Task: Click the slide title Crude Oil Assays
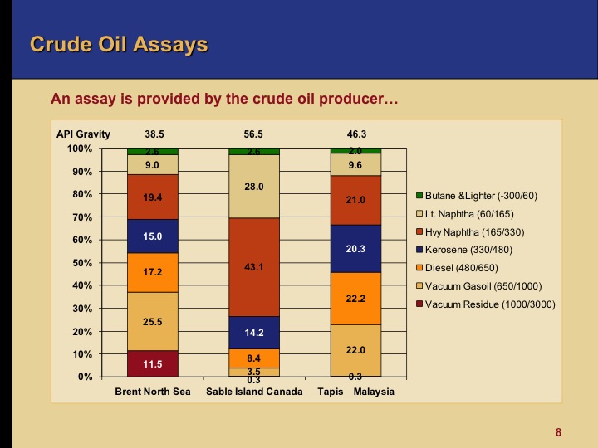click(x=118, y=44)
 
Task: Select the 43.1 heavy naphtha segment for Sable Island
click(x=254, y=267)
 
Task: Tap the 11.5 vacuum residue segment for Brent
click(x=153, y=363)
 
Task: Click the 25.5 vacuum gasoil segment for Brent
click(x=153, y=321)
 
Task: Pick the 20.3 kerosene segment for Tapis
click(x=355, y=248)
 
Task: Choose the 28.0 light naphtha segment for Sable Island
click(x=254, y=187)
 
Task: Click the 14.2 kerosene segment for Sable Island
click(x=254, y=333)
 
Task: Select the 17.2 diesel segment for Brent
click(x=153, y=272)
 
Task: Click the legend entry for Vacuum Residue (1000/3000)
click(x=485, y=304)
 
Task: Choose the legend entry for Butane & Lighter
click(x=483, y=195)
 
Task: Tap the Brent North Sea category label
click(x=153, y=391)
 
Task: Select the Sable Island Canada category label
click(x=254, y=391)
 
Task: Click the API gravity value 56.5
click(x=253, y=133)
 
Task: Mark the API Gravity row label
click(x=83, y=133)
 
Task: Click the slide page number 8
click(x=559, y=432)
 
